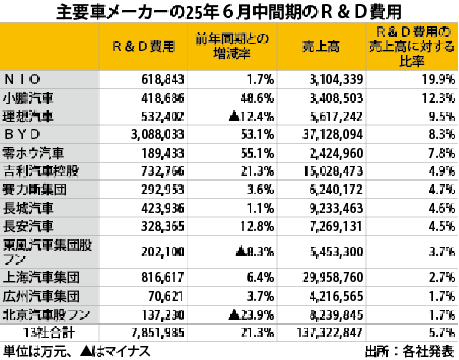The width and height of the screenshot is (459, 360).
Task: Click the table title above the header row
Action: (229, 11)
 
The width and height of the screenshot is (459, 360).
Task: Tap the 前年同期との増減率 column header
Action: (232, 47)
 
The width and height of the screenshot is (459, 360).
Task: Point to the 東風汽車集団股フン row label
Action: (48, 251)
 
